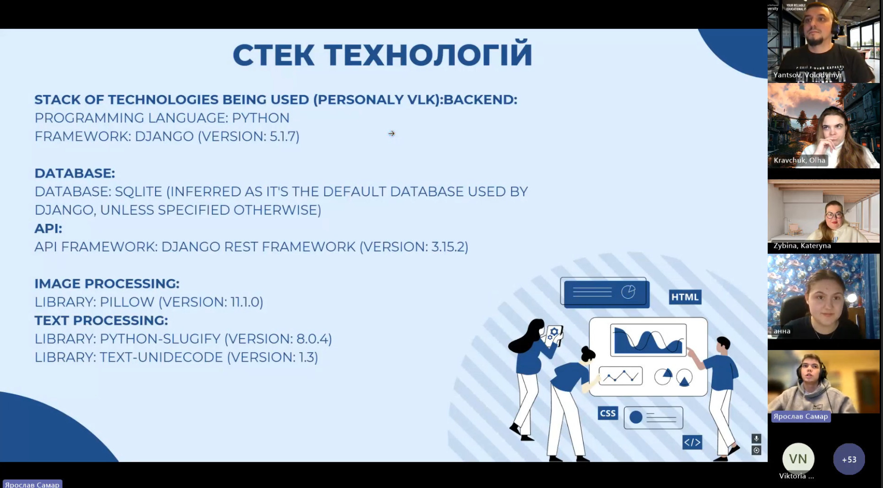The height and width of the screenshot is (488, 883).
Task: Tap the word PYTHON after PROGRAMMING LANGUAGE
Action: point(260,118)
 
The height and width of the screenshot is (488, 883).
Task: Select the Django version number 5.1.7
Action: point(283,136)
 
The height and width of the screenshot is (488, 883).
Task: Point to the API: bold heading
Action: point(48,229)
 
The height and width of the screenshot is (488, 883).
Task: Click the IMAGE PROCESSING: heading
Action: point(107,284)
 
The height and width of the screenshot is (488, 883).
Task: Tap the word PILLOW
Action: point(127,302)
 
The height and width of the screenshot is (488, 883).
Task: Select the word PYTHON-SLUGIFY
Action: point(160,339)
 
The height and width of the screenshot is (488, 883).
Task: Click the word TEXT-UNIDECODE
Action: point(161,357)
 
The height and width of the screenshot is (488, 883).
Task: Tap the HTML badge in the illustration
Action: point(685,297)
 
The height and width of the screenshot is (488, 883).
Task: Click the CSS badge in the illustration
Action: point(608,413)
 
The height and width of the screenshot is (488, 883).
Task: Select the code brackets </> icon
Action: point(692,442)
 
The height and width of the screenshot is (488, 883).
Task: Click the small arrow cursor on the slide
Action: point(391,134)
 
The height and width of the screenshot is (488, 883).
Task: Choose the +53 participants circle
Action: point(849,459)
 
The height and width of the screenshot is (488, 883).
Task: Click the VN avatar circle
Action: point(798,459)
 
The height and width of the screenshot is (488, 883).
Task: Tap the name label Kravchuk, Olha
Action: point(799,160)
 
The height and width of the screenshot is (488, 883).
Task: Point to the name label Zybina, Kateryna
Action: point(802,246)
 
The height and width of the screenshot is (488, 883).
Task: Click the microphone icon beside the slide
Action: point(756,439)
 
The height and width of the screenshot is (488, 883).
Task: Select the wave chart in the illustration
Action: point(648,340)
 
